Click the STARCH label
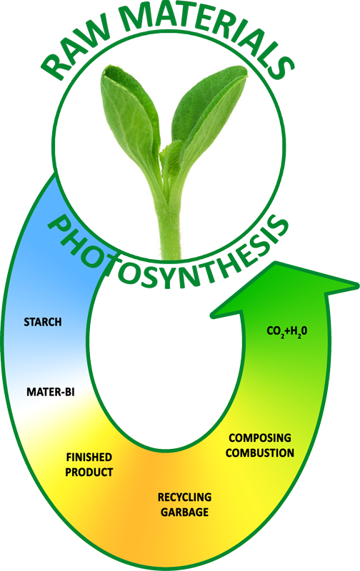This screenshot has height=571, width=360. (43, 322)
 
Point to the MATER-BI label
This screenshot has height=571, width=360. (51, 392)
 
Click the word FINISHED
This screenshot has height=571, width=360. (89, 457)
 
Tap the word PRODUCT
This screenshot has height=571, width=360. (89, 473)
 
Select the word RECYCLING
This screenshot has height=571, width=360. (184, 497)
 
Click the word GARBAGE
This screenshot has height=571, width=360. (184, 512)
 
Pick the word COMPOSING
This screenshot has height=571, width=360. (260, 438)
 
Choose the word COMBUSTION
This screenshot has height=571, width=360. (260, 453)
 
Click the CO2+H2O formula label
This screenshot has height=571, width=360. (287, 331)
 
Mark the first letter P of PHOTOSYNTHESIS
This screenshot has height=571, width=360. (59, 228)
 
